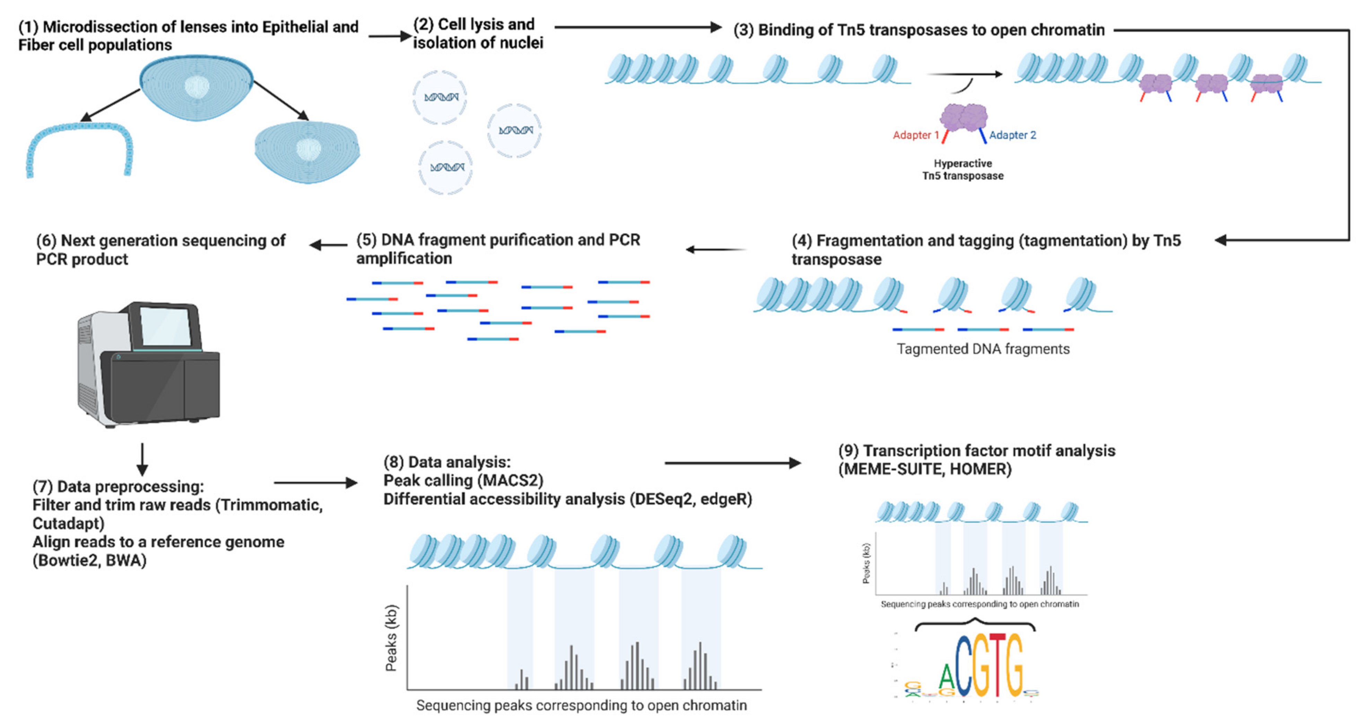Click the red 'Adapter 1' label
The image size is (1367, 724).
915,135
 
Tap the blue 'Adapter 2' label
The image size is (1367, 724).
1012,135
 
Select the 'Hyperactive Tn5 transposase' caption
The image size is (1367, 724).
963,169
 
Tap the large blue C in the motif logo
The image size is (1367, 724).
963,666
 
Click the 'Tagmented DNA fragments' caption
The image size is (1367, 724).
983,349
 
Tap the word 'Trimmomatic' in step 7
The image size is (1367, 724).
268,505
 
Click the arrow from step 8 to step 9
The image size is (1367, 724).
732,463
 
